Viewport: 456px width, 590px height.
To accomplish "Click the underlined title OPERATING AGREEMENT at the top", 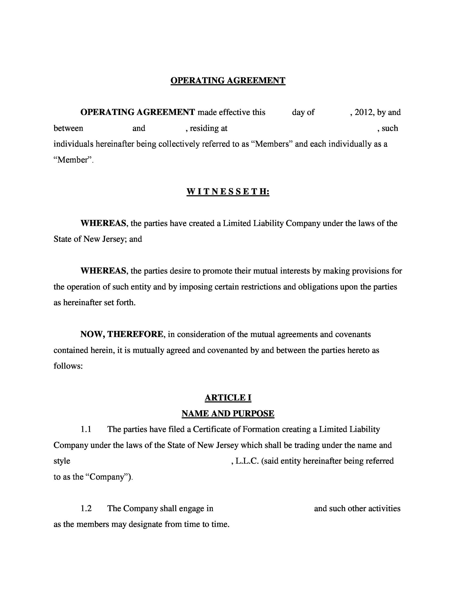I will [x=228, y=80].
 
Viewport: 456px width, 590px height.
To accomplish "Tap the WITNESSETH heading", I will [x=228, y=192].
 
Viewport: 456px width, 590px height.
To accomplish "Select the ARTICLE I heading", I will [x=228, y=398].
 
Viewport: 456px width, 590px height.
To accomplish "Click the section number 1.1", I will [x=86, y=429].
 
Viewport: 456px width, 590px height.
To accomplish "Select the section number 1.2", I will [x=86, y=508].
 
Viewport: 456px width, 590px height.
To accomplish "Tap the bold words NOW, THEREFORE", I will [x=122, y=334].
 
